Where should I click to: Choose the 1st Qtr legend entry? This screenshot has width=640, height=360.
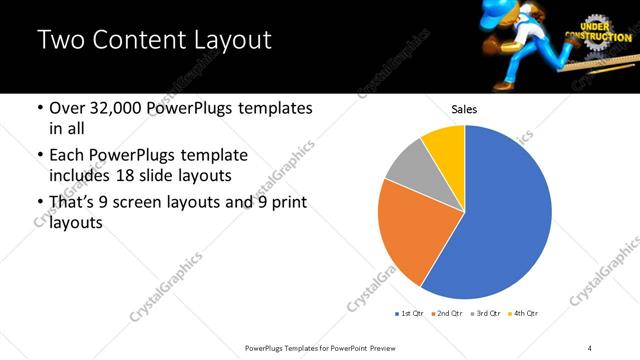pos(410,314)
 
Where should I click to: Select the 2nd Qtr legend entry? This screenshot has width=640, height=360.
pos(446,314)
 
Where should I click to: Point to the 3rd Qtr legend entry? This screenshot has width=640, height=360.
pos(485,314)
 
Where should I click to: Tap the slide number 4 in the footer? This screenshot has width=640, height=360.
pos(590,346)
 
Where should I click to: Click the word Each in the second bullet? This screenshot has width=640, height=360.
pos(69,156)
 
